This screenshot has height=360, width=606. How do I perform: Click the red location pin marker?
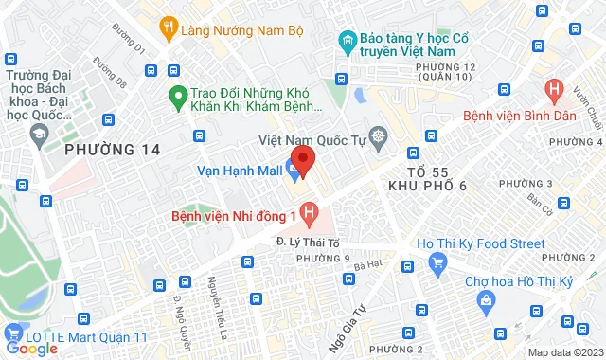301,160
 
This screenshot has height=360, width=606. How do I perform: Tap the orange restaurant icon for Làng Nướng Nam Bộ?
169,28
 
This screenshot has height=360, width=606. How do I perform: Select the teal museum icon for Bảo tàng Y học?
348,42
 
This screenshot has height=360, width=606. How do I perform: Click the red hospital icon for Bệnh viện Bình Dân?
554,93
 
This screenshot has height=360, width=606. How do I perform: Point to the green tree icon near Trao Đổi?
176,95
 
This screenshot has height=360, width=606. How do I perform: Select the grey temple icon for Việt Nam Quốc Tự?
379,137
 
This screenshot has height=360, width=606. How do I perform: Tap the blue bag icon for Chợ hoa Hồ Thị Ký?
487,302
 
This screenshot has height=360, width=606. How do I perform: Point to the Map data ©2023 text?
564,352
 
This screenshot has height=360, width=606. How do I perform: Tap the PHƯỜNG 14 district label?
113,149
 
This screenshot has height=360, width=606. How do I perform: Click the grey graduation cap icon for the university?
39,133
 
